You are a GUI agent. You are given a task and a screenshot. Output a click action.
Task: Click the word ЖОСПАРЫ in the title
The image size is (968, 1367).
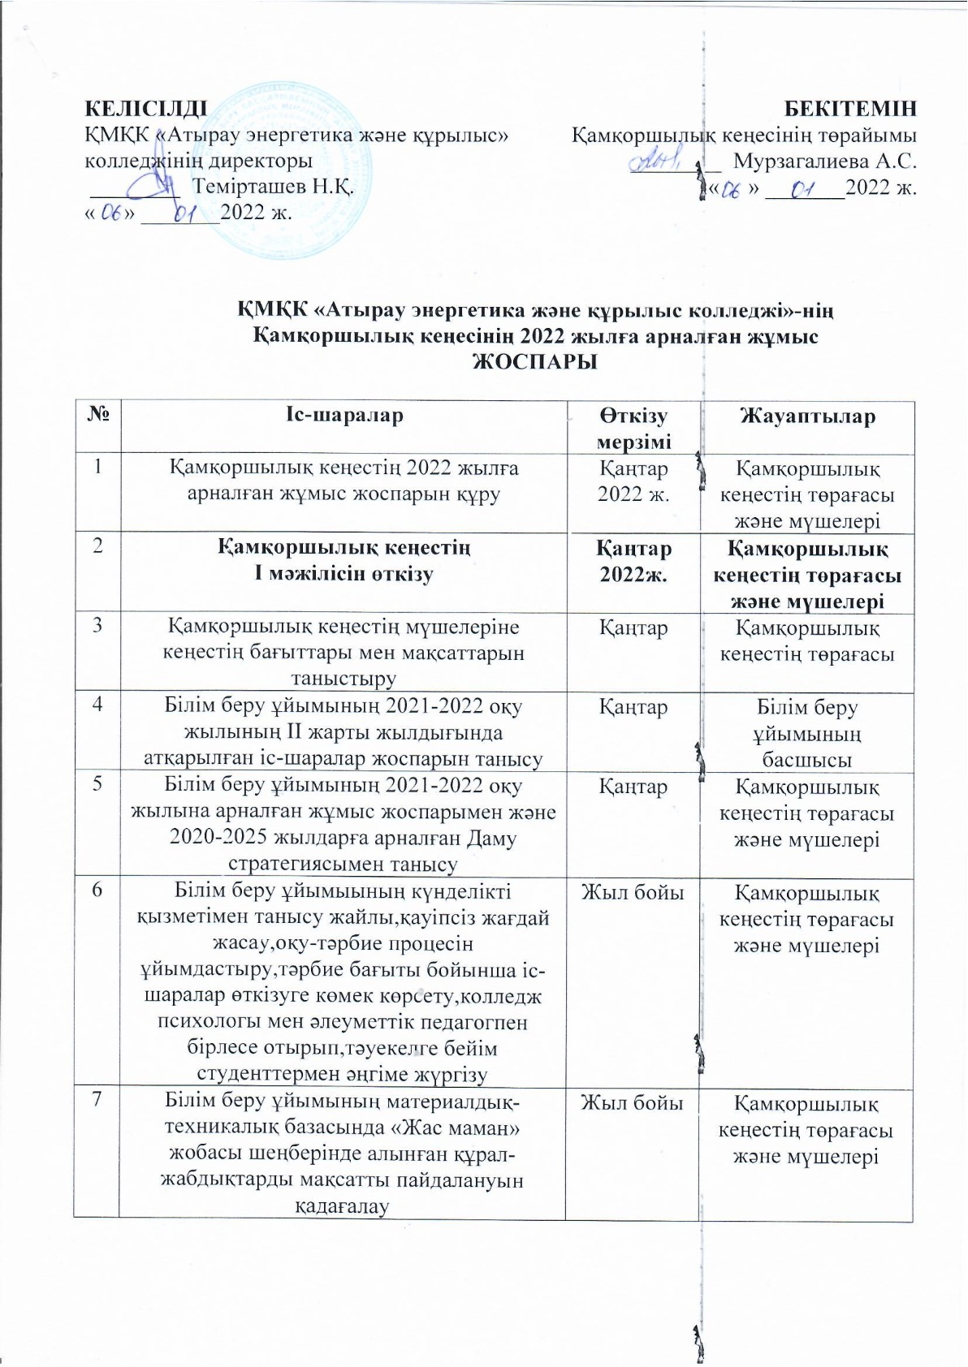(x=535, y=362)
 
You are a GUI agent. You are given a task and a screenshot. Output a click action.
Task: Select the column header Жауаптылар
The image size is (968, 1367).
(x=807, y=416)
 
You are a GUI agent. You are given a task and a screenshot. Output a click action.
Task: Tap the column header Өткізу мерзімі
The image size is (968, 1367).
(x=633, y=429)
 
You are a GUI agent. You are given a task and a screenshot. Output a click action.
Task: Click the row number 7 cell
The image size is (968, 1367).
(x=97, y=1102)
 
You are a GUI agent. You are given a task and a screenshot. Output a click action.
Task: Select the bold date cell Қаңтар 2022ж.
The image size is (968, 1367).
(x=634, y=561)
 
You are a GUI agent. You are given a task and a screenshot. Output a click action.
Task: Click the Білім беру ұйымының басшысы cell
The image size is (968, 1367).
(x=807, y=734)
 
